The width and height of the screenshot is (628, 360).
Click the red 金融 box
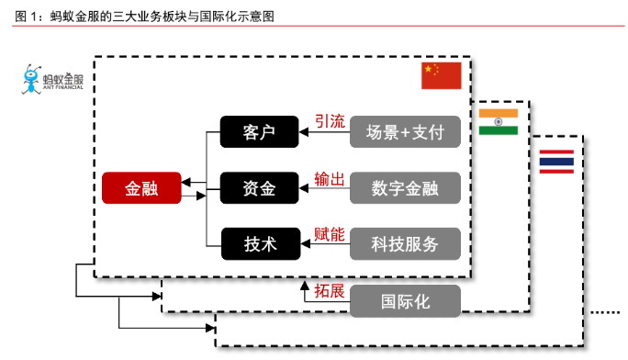pos(142,188)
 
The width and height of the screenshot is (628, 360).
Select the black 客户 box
pos(260,131)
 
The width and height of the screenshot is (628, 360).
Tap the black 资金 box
pos(260,188)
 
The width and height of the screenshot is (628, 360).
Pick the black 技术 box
pos(260,244)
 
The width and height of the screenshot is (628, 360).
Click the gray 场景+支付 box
pos(404,131)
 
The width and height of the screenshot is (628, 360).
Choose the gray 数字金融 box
pos(404,188)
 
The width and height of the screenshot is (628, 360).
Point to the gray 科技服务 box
pos(404,244)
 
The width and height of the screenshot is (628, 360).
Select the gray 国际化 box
pos(404,299)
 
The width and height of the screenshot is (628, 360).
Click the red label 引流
pos(330,120)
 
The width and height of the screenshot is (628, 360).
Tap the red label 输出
pos(330,178)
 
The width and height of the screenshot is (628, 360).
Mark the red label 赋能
pos(330,234)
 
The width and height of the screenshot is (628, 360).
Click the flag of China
pos(442,75)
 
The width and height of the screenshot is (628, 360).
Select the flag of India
pos(498,121)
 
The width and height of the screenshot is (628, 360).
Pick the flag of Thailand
pos(556,161)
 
